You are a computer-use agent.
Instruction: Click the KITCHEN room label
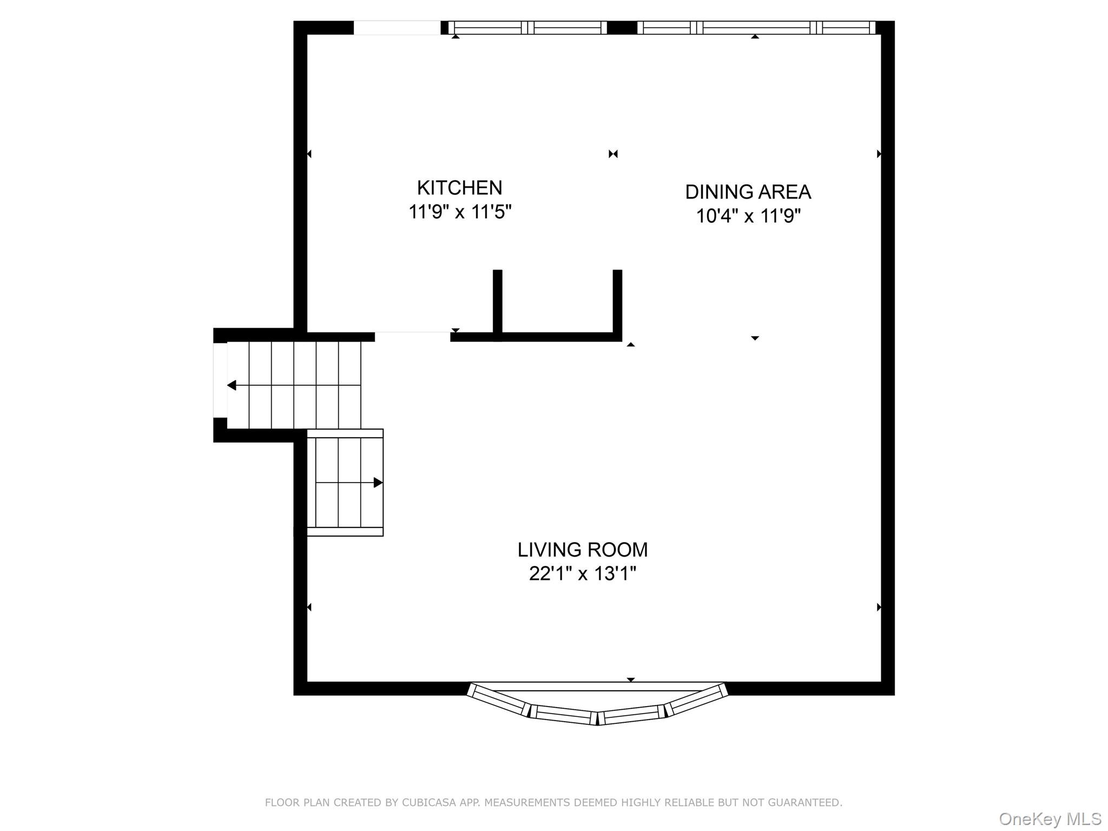point(459,188)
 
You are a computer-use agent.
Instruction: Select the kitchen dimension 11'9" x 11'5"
point(459,212)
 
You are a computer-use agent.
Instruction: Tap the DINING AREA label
point(748,192)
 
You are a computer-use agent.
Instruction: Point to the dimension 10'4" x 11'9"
point(748,216)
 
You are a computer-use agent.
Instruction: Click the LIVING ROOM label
point(582,550)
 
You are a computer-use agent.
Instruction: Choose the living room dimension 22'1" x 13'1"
point(582,573)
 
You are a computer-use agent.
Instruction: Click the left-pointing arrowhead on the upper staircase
point(232,385)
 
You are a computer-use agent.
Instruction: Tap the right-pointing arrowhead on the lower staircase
point(378,483)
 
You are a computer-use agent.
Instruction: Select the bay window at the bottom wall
point(597,706)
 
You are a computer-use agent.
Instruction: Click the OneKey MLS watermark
point(1050,819)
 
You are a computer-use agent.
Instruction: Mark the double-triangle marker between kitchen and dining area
point(613,154)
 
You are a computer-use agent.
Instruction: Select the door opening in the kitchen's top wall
point(397,28)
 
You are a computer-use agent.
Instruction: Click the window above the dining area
point(756,28)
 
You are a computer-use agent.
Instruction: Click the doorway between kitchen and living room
point(412,336)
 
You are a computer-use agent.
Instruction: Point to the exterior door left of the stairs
point(220,380)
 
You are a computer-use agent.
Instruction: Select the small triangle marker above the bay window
point(630,680)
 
